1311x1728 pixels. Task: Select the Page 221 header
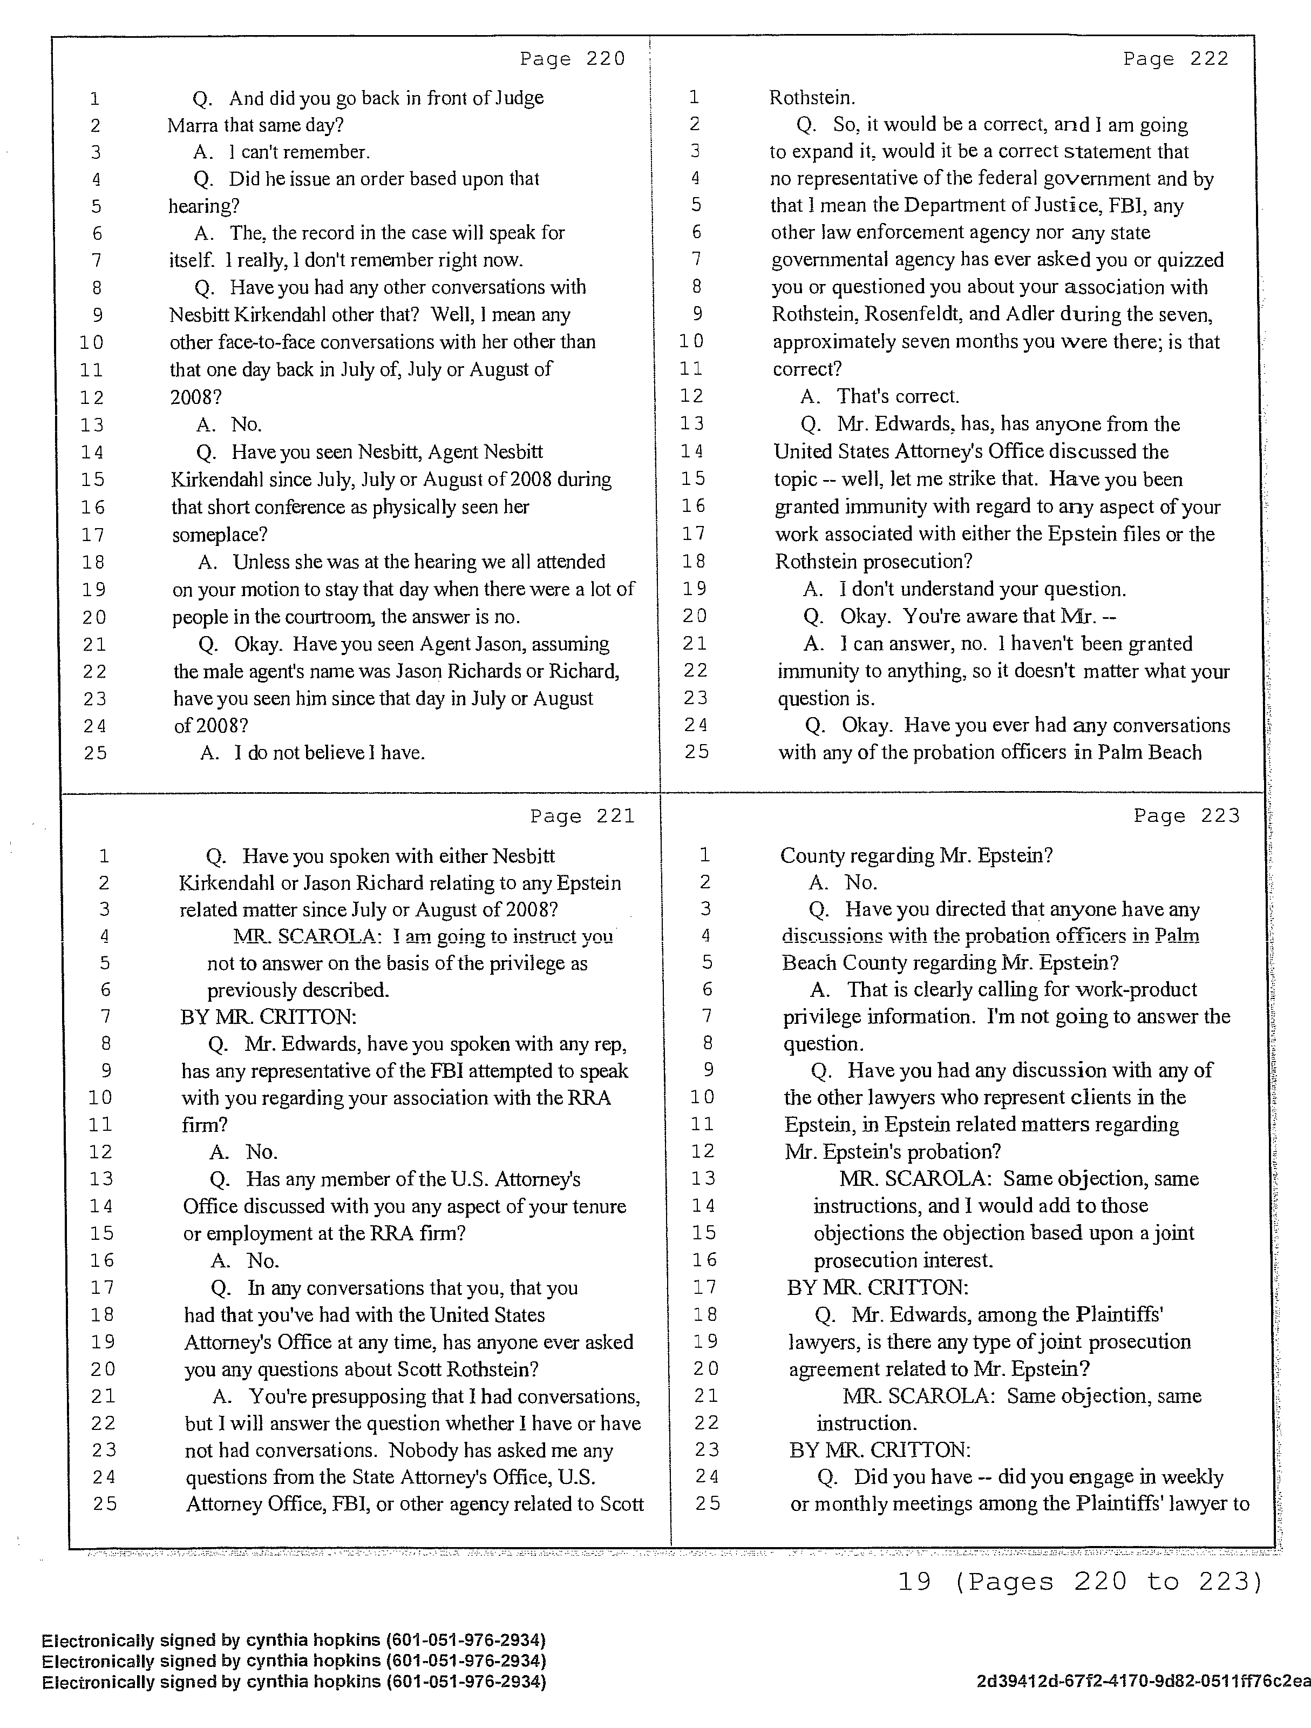(x=582, y=816)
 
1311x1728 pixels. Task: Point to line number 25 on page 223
(x=708, y=1504)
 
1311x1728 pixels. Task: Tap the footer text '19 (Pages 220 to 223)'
(x=1080, y=1583)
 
